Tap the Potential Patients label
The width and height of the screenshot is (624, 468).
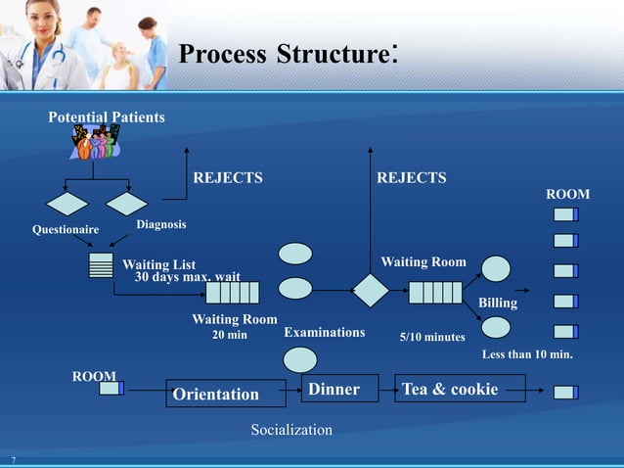pos(107,117)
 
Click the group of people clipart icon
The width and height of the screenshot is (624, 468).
pos(95,143)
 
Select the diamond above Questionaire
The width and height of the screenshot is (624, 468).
pos(67,204)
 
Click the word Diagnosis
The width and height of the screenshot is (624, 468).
pos(160,225)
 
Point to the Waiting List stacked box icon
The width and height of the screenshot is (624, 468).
pos(101,265)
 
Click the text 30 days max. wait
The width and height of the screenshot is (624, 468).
pos(187,276)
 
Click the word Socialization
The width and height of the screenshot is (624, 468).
pos(291,430)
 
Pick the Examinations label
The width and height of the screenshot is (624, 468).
pos(324,333)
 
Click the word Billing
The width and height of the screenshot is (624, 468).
pos(498,304)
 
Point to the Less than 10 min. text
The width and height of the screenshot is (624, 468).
pos(527,354)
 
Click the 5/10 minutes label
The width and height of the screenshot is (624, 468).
pos(432,337)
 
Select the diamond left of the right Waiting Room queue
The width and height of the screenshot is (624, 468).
pos(371,291)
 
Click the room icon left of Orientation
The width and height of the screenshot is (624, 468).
pos(111,389)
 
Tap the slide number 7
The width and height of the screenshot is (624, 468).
pos(14,459)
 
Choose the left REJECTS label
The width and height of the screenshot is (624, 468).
pos(228,178)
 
